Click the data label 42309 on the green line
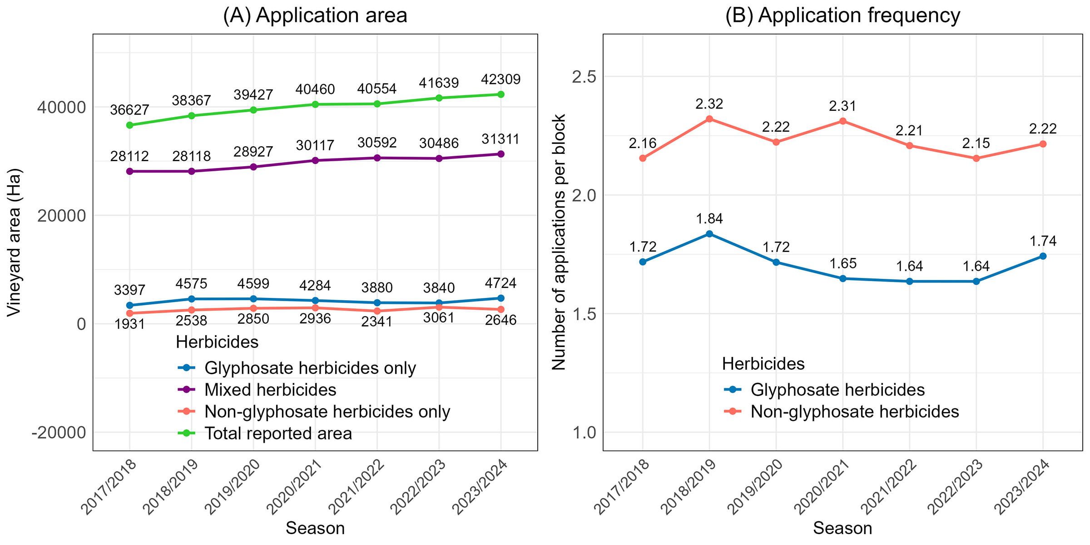tap(500, 79)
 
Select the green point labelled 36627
tap(130, 125)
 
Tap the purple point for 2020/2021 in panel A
tap(315, 160)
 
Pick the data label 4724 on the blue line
tap(500, 283)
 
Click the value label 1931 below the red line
tap(130, 324)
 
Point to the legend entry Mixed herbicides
tap(257, 390)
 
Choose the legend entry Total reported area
tap(265, 433)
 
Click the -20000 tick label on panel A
tap(59, 432)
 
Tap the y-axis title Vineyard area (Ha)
tap(15, 243)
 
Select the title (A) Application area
tap(315, 15)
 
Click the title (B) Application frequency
tap(842, 15)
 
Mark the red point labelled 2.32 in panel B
tap(709, 119)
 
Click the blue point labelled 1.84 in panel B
tap(709, 234)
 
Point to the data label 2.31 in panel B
tap(842, 106)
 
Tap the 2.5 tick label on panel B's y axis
tap(584, 77)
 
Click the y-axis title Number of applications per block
tap(559, 243)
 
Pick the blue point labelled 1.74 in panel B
tap(1043, 256)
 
